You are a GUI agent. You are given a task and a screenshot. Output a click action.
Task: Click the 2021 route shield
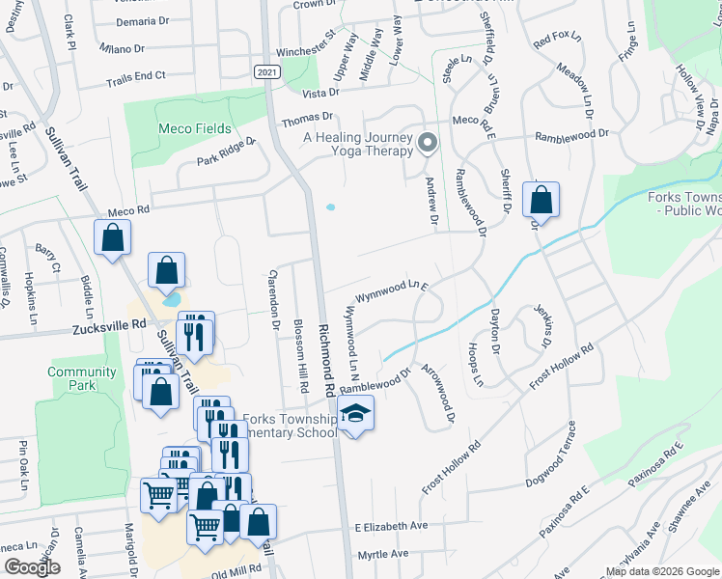268,72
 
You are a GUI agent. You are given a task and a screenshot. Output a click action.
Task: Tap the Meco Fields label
196,128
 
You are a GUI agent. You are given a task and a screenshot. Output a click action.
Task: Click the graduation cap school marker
355,416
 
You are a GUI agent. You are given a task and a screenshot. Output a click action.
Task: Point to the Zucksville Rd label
108,328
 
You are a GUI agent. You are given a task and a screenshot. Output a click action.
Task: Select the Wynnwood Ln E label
391,288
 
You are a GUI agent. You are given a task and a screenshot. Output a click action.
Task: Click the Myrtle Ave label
383,554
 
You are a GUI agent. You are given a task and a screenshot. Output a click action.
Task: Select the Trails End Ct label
136,75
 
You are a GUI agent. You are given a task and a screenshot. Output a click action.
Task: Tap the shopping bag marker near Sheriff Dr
541,202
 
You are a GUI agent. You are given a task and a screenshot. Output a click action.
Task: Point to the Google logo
32,567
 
